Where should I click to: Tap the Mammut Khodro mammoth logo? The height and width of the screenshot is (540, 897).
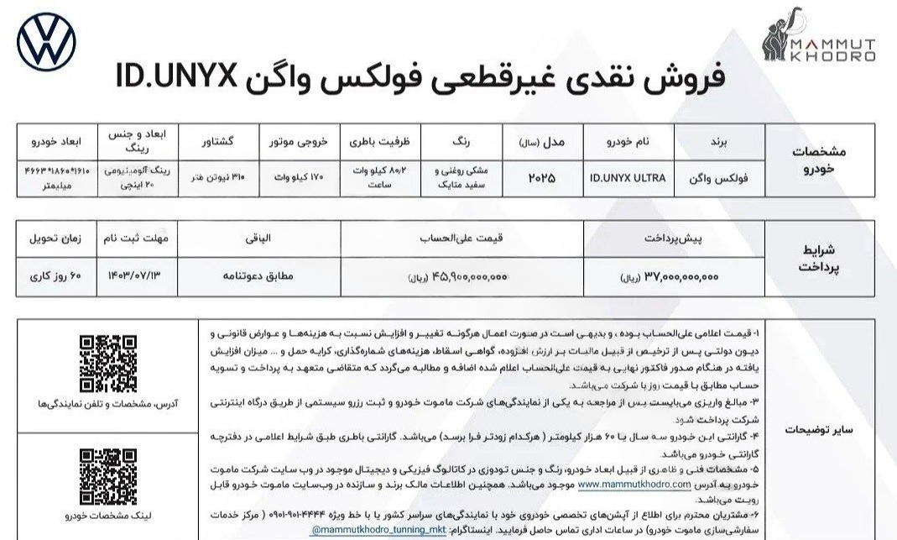[x=819, y=41]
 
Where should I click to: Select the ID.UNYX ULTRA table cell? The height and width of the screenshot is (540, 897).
[x=628, y=179]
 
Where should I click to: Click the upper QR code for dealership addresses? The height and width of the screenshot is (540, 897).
[x=108, y=363]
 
